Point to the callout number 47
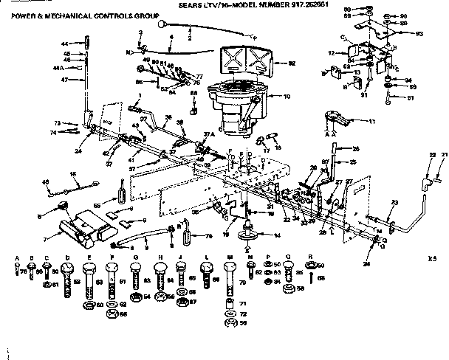(64, 79)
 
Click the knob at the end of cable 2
(160, 24)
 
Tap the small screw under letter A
(17, 271)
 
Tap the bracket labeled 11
(336, 118)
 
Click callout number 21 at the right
(443, 153)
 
